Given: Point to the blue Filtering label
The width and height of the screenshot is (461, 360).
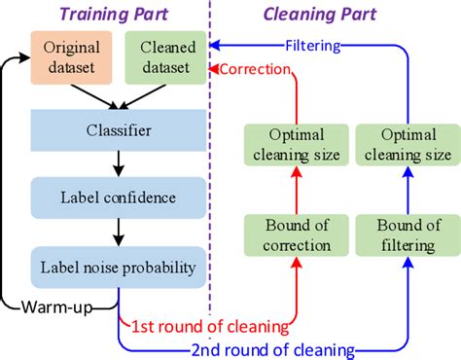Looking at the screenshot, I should tap(313, 45).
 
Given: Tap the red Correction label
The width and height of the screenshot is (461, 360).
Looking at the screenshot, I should tap(255, 69).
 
